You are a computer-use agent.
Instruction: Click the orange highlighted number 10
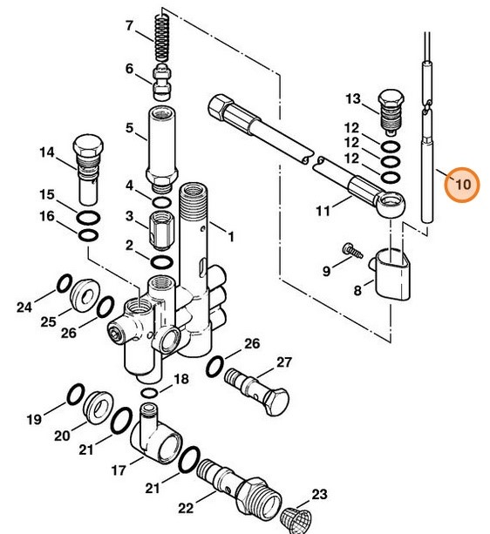[461, 185]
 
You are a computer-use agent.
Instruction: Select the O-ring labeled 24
[64, 284]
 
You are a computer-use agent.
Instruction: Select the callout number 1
[232, 236]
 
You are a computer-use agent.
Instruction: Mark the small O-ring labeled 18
[150, 394]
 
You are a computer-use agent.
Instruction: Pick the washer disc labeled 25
[85, 294]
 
